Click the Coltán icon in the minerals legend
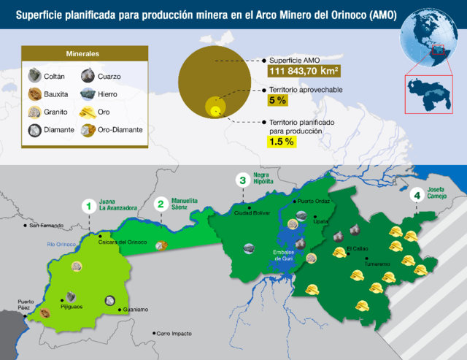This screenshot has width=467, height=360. coord(34,76)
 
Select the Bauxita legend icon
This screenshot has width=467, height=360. coord(34,94)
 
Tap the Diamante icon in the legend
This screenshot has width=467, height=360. coord(34,130)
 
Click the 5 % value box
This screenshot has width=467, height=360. coord(277,100)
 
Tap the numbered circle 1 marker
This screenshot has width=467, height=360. coord(88,207)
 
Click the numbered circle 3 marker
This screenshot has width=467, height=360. coord(242,180)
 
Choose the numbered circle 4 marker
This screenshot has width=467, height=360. coord(417,196)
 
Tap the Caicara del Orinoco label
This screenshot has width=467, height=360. coord(123,242)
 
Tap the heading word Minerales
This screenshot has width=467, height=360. coord(82,55)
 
